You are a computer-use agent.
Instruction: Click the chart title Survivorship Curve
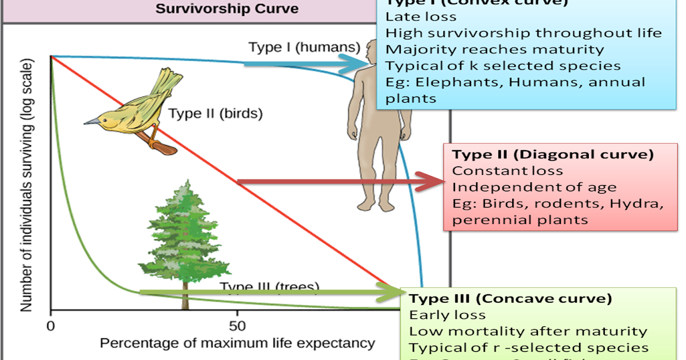(x=227, y=9)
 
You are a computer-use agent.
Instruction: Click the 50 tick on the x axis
(x=237, y=327)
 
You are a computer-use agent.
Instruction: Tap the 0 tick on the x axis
(x=51, y=327)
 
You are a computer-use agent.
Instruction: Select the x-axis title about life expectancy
(x=237, y=343)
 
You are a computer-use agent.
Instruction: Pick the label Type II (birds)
(x=215, y=113)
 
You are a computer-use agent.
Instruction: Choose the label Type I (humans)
(x=304, y=47)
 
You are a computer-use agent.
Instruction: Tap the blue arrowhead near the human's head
(x=356, y=63)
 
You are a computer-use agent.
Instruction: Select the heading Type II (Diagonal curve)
(x=553, y=154)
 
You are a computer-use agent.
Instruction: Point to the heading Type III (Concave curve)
(x=510, y=298)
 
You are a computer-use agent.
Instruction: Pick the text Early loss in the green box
(x=447, y=315)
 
